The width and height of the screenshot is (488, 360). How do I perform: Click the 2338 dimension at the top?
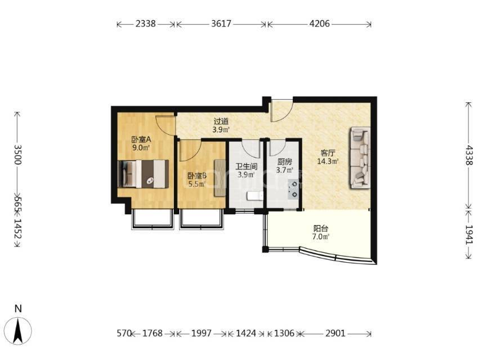145,24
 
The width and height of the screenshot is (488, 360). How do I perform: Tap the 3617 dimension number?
221,24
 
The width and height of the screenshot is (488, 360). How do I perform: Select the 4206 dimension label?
319,24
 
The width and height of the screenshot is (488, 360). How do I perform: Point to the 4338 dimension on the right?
469,155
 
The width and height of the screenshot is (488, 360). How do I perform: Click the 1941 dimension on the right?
469,235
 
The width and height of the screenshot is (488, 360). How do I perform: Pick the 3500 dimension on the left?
18,155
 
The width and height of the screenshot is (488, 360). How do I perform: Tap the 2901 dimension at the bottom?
335,333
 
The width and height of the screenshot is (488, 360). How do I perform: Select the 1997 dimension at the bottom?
201,333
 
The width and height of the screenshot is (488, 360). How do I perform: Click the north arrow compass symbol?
19,330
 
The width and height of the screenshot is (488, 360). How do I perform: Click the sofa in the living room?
360,157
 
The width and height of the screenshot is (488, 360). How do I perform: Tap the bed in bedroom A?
144,174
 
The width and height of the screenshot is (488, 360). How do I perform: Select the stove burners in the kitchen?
294,189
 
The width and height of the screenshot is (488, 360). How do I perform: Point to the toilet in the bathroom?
254,196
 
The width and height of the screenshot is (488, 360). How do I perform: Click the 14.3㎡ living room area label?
328,161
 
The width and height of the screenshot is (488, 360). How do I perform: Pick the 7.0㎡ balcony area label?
321,236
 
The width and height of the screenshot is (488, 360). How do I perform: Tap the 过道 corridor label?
221,121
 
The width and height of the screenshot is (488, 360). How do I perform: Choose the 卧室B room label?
197,176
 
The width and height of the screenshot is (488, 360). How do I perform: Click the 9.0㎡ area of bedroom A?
141,147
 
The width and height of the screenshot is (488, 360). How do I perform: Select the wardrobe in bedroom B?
220,178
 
